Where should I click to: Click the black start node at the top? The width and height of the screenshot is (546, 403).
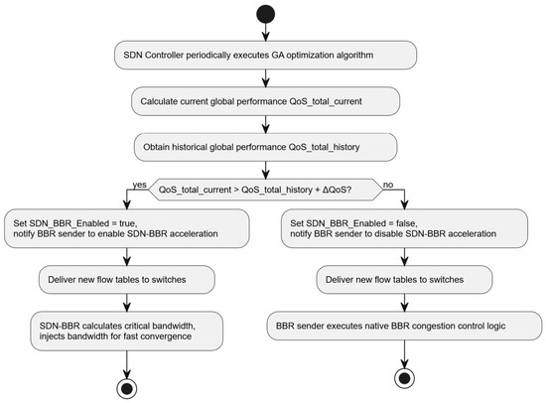[265, 14]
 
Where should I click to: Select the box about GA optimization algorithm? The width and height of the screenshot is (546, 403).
[265, 55]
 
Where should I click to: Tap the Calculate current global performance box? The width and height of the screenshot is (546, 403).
[265, 101]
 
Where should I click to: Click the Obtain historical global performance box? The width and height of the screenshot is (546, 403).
[265, 147]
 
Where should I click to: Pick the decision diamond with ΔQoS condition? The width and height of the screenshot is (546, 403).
[265, 190]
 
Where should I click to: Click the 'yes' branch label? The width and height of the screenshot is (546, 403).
[139, 185]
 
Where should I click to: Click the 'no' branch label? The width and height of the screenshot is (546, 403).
[388, 185]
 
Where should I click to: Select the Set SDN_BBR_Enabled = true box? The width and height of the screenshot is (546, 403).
[127, 228]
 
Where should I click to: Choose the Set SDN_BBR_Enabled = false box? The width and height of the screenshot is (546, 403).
[404, 228]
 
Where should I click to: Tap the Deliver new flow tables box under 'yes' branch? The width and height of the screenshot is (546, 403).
[127, 280]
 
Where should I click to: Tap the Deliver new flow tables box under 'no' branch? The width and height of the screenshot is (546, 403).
[404, 280]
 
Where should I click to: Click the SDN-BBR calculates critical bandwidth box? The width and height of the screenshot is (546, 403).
[127, 331]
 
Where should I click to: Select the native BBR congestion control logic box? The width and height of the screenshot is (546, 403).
[404, 326]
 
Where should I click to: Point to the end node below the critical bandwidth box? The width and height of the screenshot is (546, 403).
[127, 388]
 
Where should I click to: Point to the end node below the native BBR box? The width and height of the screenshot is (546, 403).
[404, 378]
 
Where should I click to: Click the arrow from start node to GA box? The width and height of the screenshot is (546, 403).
[265, 32]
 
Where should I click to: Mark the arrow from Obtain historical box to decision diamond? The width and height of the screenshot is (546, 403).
[265, 170]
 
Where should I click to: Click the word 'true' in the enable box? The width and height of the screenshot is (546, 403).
[127, 223]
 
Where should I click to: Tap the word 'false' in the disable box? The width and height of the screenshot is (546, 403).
[406, 223]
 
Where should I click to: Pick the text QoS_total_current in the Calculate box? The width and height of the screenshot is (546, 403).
[326, 101]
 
